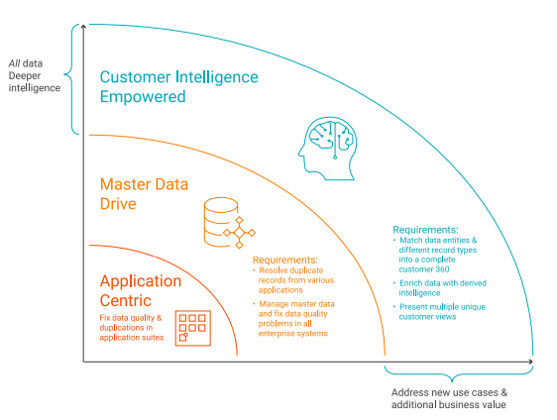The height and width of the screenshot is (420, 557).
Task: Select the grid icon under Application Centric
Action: coord(190,327)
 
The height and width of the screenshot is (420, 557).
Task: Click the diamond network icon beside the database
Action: coord(240,234)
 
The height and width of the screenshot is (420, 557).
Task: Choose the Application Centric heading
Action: coord(140,291)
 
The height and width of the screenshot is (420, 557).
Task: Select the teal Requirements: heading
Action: coord(425,229)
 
